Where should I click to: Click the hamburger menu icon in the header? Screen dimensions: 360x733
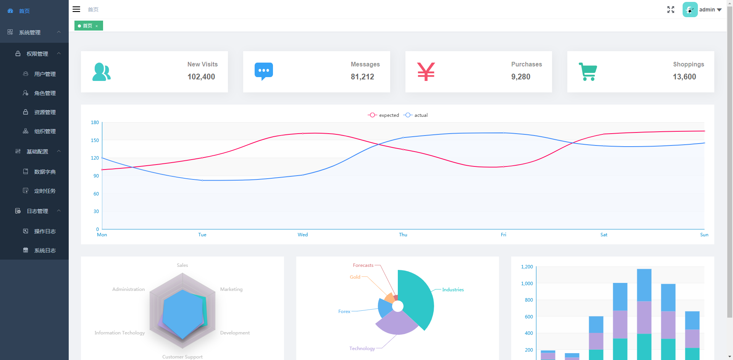(x=76, y=9)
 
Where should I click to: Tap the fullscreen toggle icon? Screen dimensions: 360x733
(x=671, y=10)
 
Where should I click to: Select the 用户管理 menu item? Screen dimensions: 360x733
(x=45, y=74)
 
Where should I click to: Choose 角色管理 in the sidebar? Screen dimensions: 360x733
(x=45, y=93)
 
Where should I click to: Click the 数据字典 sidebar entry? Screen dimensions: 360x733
(x=45, y=172)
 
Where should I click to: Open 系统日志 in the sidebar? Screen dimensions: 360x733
(x=45, y=250)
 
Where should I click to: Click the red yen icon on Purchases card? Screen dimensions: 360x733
(x=426, y=72)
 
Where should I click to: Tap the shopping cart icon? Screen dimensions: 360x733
(x=588, y=72)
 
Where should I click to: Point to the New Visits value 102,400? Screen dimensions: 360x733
(x=201, y=77)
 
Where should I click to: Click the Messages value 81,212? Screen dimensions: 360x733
(x=362, y=77)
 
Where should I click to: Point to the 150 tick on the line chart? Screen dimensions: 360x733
(x=95, y=140)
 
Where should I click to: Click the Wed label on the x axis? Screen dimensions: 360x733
(x=303, y=235)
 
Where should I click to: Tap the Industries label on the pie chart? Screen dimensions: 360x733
(x=453, y=290)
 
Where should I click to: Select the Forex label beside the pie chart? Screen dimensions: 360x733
(x=344, y=312)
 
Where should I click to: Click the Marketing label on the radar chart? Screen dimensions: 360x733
(x=231, y=289)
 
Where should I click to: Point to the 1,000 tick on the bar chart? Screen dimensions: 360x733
(x=527, y=284)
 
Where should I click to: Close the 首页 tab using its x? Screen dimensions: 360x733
(x=97, y=26)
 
